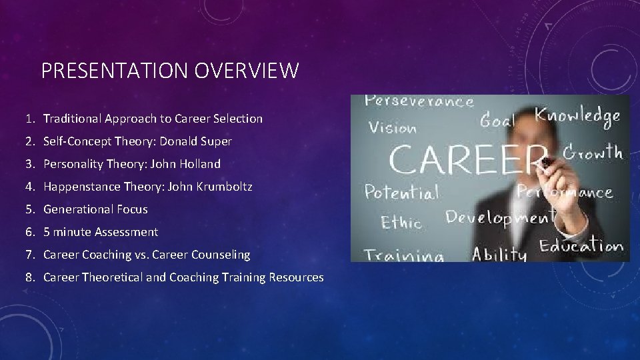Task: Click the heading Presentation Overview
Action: point(170,70)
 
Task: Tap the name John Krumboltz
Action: point(215,187)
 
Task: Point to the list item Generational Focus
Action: point(95,209)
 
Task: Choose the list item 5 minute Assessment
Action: point(101,232)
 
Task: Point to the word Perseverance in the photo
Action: point(419,103)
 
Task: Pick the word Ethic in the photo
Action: point(401,221)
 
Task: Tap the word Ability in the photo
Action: point(499,253)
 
